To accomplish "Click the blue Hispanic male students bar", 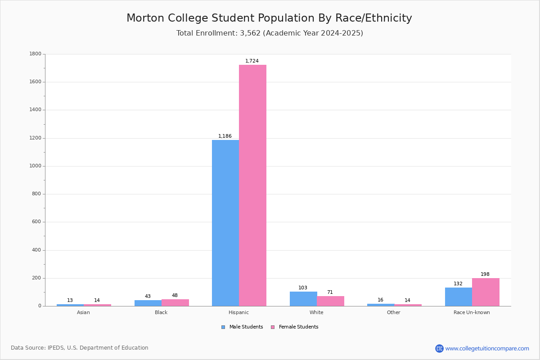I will (x=225, y=223).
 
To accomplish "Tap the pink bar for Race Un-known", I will (x=486, y=292).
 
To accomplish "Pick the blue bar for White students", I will (x=303, y=299).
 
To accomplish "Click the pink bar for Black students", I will (x=175, y=302).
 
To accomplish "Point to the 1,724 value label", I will (x=252, y=61).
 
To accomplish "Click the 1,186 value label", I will (x=225, y=136).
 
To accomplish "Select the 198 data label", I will (x=485, y=274).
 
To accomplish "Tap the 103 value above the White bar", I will (x=303, y=288).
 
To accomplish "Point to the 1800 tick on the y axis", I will (x=36, y=54).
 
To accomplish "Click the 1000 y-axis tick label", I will (x=36, y=166).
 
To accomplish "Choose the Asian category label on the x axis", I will (x=83, y=312).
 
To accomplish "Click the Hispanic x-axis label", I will (x=238, y=312).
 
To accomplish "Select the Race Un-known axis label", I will (x=472, y=312).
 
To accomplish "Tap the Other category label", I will (x=394, y=312).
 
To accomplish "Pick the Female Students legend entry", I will (x=295, y=327).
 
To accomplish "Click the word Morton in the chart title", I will (x=146, y=18).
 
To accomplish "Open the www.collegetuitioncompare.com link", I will (x=487, y=348).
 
